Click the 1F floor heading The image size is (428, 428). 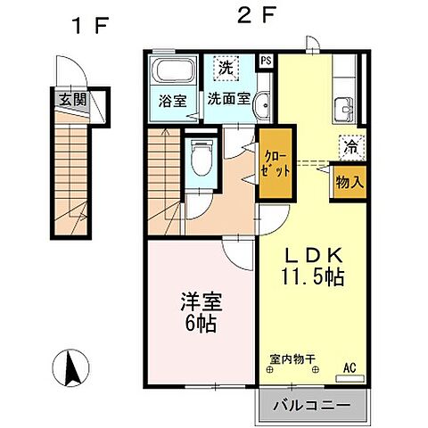pyautogui.click(x=89, y=23)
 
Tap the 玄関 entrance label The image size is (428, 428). pyautogui.click(x=73, y=100)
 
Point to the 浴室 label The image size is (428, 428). pyautogui.click(x=173, y=101)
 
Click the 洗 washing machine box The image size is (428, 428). pyautogui.click(x=226, y=68)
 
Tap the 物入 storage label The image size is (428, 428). pyautogui.click(x=349, y=181)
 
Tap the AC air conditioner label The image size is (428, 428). pyautogui.click(x=350, y=365)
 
